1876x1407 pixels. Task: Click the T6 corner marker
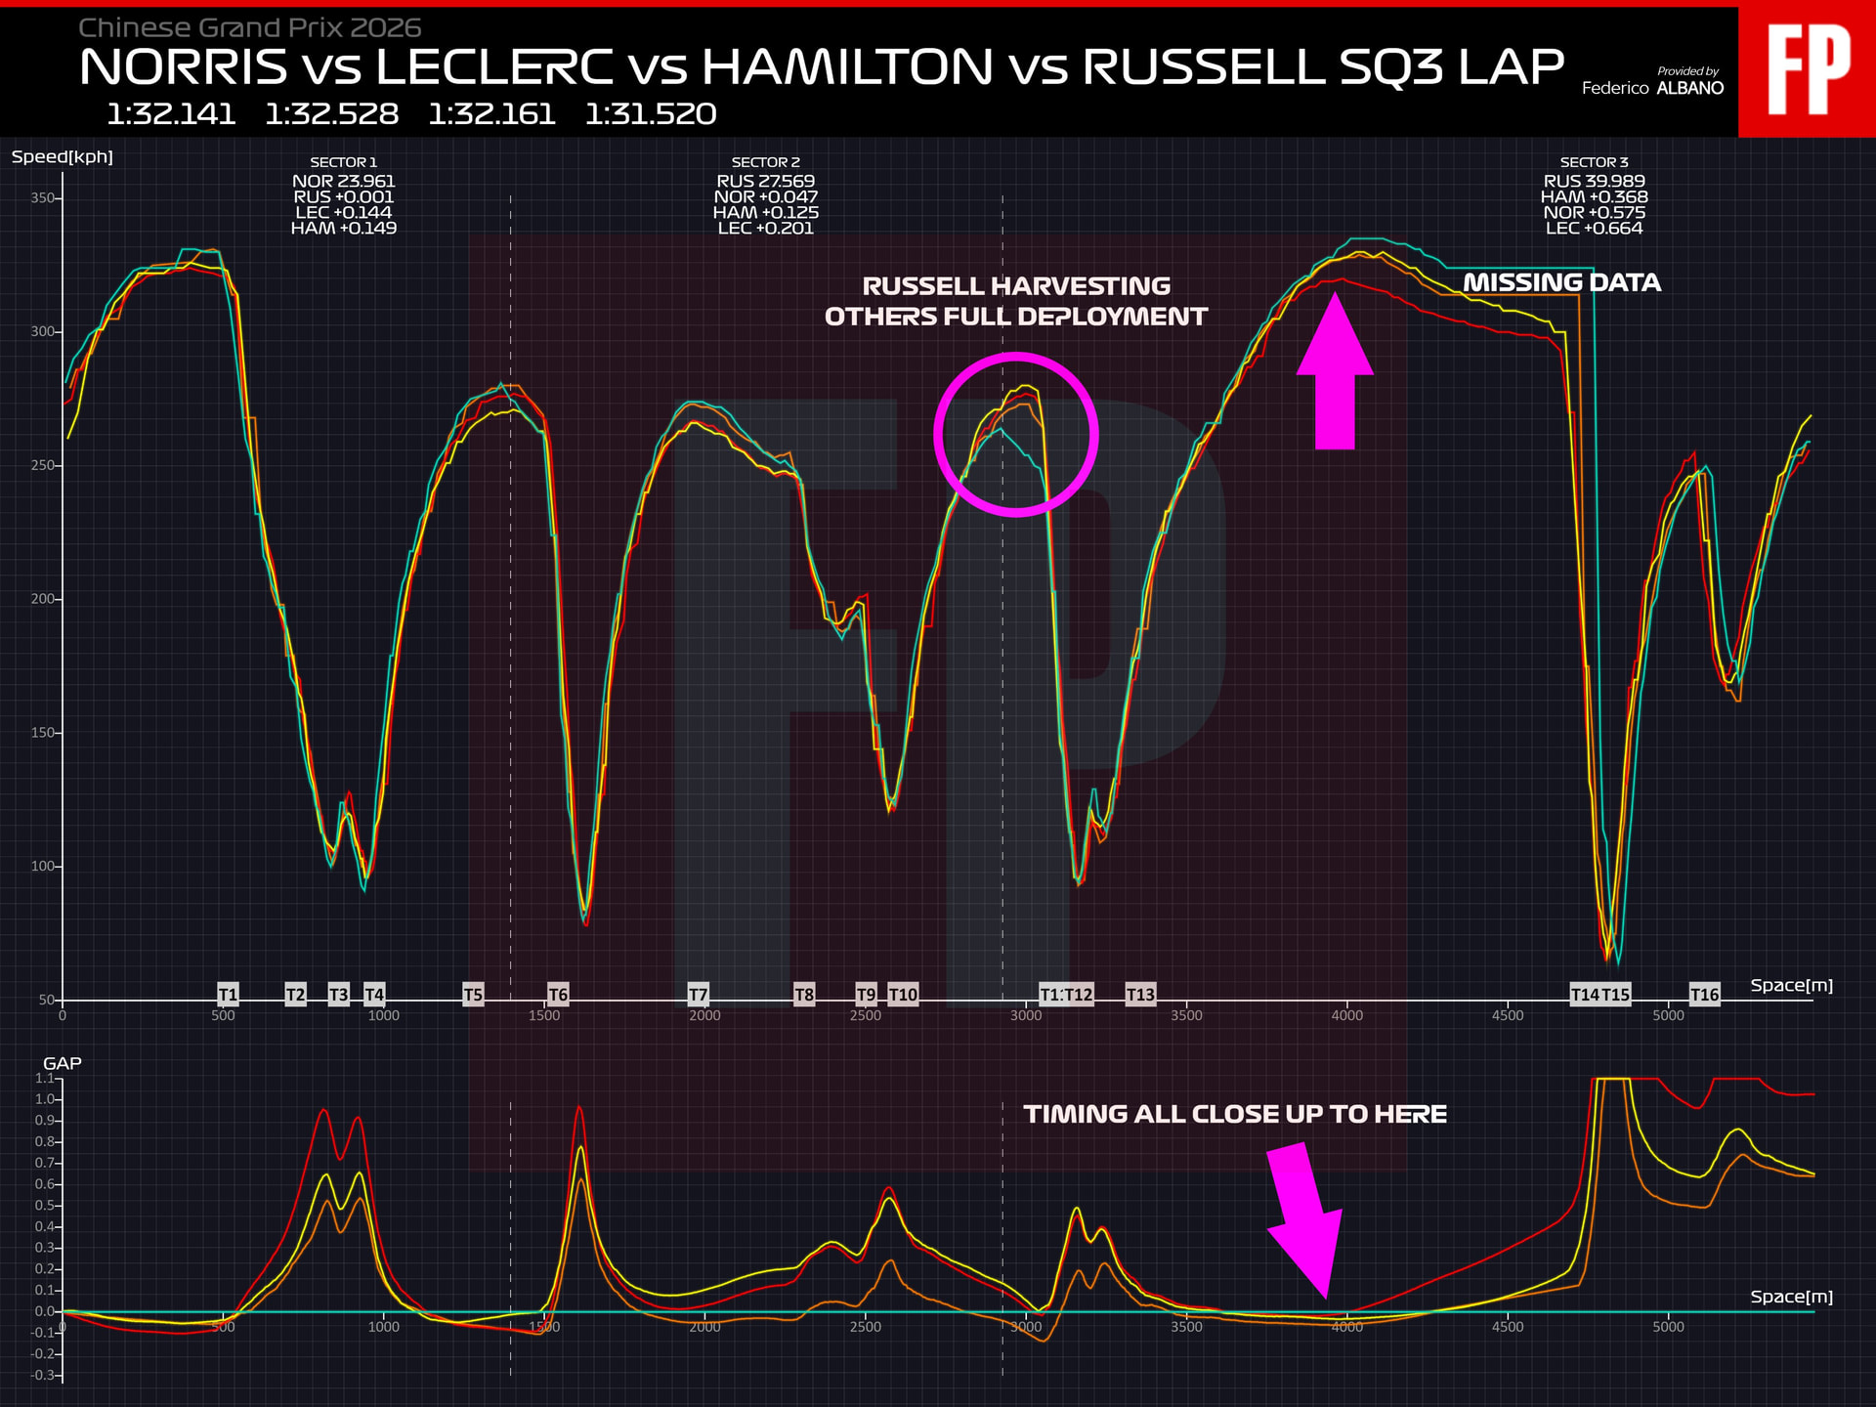point(558,995)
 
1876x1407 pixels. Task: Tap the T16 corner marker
point(1704,995)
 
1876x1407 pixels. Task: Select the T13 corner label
point(1140,995)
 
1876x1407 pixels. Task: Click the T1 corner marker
point(228,995)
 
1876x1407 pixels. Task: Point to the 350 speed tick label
point(43,198)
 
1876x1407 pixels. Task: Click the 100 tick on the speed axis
point(43,867)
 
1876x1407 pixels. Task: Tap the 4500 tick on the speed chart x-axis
point(1508,1016)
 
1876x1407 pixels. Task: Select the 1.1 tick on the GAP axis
point(45,1079)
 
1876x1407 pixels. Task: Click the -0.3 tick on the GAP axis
point(43,1376)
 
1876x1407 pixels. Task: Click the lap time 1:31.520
point(651,114)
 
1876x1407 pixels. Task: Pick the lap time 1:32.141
point(171,114)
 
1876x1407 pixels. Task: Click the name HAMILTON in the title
point(847,66)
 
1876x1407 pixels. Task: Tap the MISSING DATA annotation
point(1561,282)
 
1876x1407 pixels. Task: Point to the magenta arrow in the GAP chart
point(1306,1221)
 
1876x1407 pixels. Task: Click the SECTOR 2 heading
point(765,162)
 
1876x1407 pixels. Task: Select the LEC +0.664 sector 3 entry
point(1594,229)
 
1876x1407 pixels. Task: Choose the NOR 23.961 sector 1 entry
point(343,181)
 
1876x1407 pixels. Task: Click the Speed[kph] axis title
point(63,157)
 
